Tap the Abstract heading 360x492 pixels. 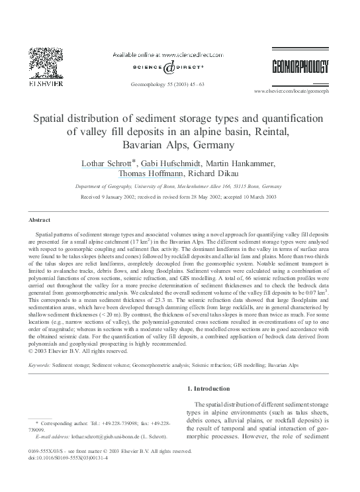[x=40, y=219]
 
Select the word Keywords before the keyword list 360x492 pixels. [x=39, y=365]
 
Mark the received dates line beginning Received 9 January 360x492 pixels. [x=179, y=197]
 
